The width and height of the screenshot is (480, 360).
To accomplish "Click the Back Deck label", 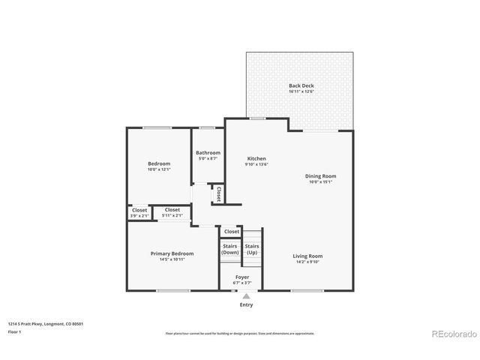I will point(301,85).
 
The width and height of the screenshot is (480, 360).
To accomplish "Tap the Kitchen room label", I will point(256,159).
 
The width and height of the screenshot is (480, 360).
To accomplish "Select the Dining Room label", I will point(320,175).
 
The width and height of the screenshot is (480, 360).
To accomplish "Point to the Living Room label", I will point(307,256).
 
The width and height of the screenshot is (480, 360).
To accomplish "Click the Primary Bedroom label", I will point(172,253).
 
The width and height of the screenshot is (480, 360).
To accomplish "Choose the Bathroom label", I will point(208,153).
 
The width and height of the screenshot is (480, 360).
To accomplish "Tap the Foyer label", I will point(242,277).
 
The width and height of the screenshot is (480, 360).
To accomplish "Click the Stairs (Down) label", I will point(230,249).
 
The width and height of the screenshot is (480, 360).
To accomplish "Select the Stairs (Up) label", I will point(252,249).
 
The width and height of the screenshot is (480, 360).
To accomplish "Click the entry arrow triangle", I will point(246,296).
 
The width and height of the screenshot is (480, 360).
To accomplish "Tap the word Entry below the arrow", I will point(246,304).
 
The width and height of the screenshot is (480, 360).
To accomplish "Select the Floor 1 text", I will point(13,331).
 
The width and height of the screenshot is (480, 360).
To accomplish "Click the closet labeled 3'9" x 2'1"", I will point(139,213).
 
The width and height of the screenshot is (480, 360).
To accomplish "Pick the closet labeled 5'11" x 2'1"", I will point(172,213).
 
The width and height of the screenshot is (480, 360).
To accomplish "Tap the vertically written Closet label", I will point(219,194).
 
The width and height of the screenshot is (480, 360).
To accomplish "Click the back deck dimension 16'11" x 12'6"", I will point(301,91).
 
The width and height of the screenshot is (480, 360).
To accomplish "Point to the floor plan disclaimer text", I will point(240,333).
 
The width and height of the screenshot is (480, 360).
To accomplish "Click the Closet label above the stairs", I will point(232,232).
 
